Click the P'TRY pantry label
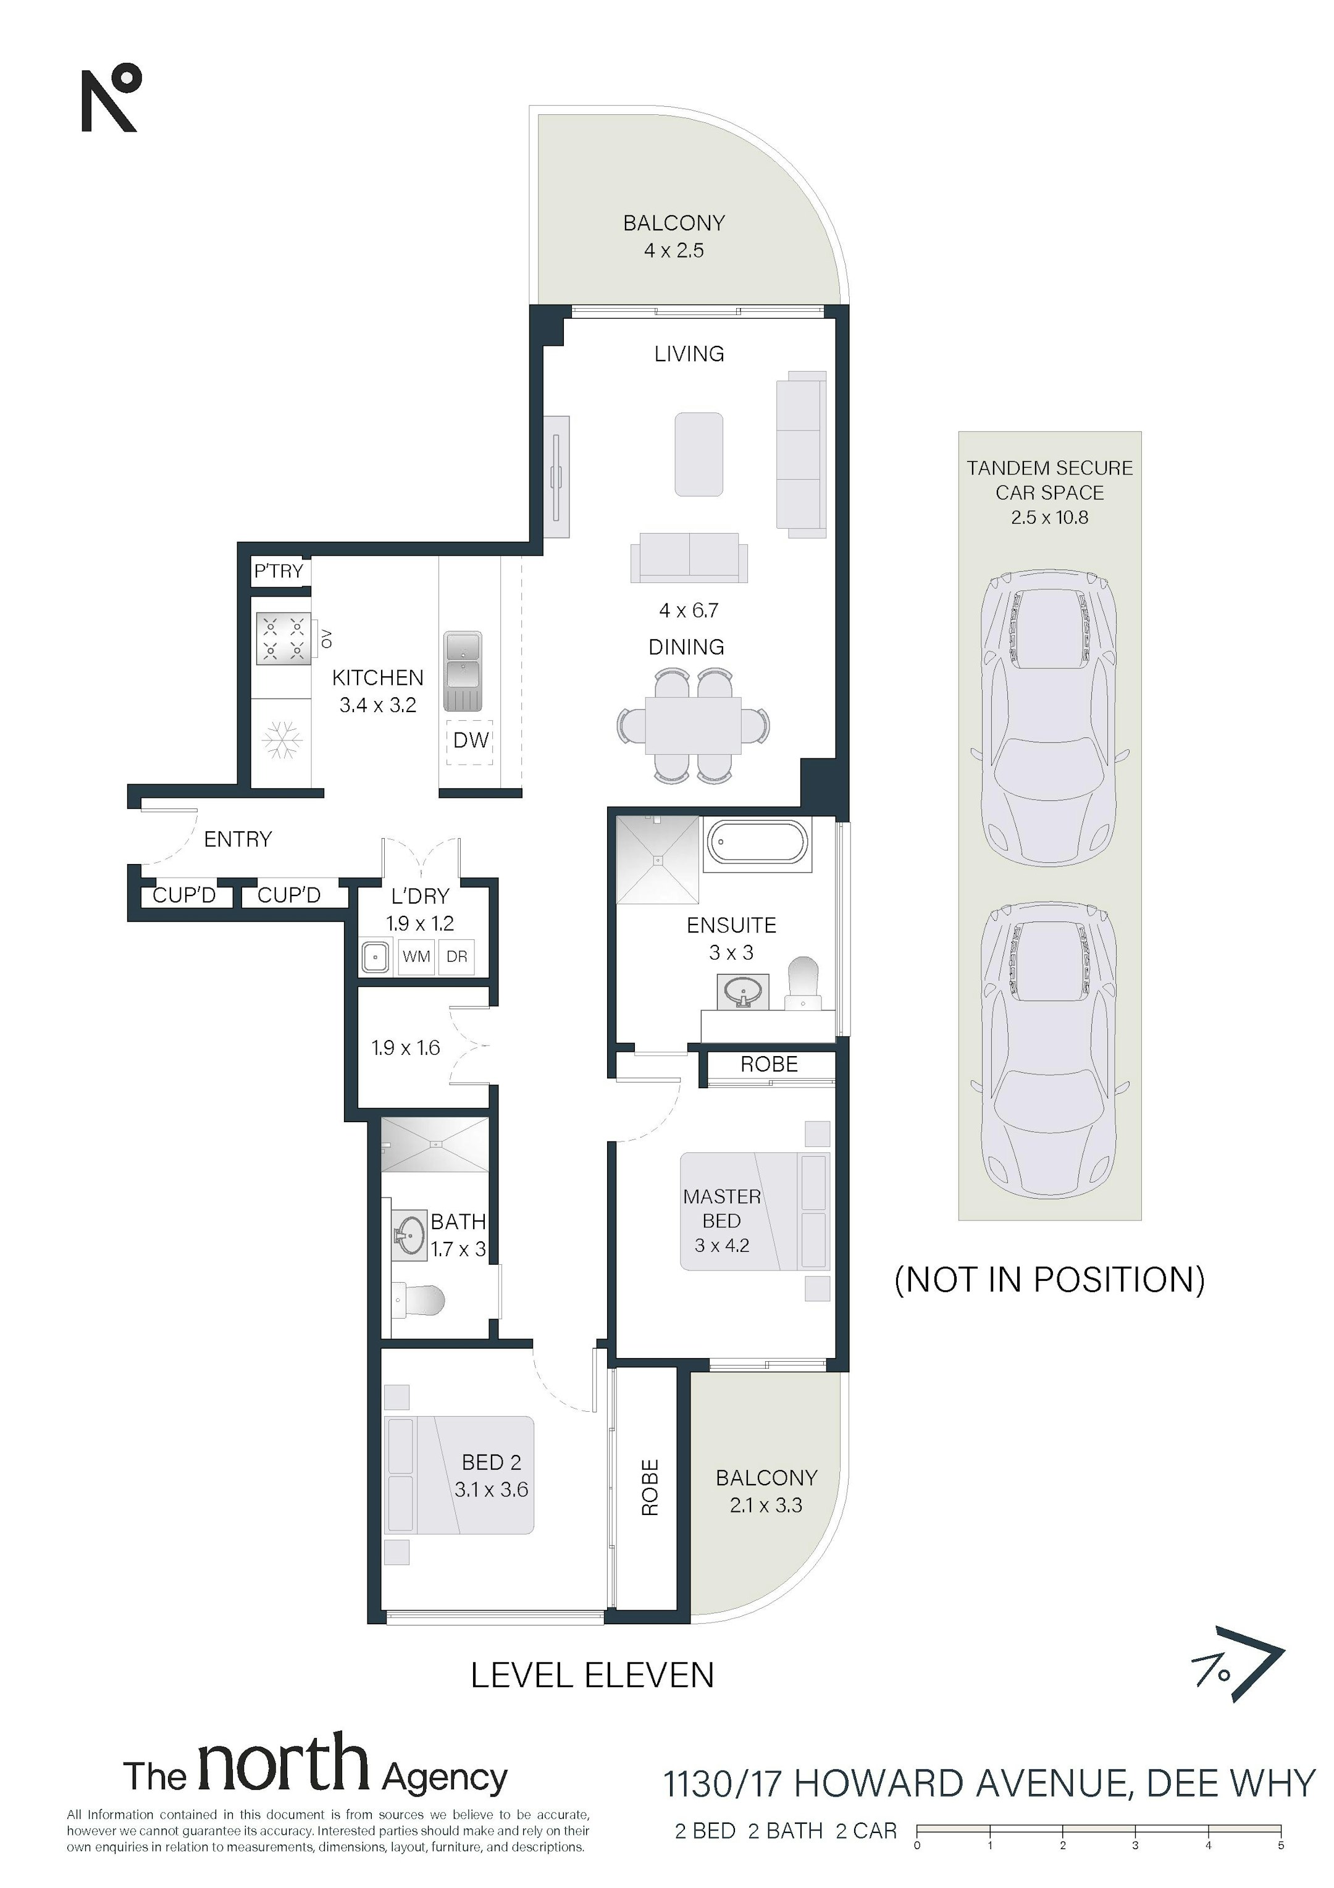[278, 571]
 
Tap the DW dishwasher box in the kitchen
[471, 740]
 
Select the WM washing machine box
[416, 956]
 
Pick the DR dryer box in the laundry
[456, 956]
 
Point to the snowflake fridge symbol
[282, 740]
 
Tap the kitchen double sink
[463, 671]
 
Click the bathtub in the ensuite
[757, 844]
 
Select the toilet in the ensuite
[803, 983]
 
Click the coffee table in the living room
[699, 454]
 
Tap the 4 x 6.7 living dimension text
[689, 610]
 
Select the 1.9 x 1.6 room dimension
[406, 1047]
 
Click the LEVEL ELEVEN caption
[592, 1675]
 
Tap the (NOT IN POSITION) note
[1049, 1280]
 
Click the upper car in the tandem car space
[1049, 717]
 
